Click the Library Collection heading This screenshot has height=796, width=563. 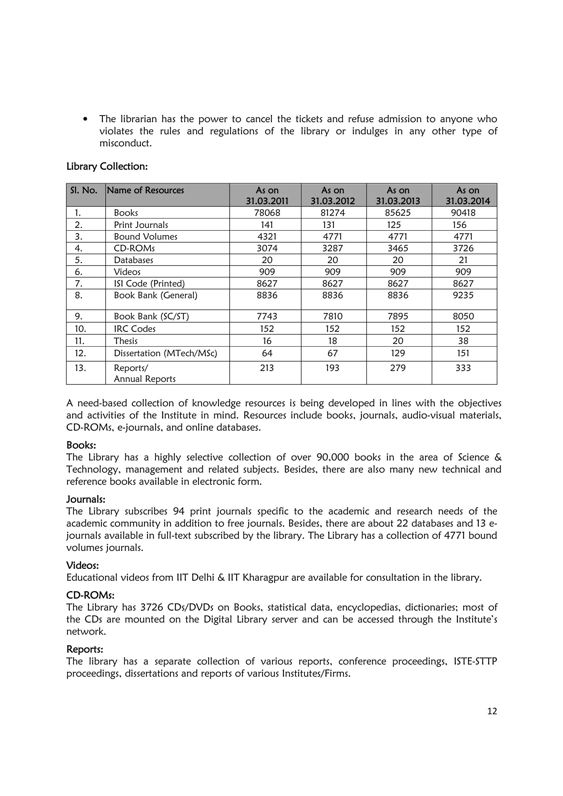pos(107,167)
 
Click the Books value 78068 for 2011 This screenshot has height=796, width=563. pos(267,213)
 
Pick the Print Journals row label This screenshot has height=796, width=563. pos(141,225)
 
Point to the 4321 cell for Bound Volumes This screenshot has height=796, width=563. pos(267,237)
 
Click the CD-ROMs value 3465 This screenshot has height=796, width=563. pos(398,249)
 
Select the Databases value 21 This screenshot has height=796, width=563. pos(463,260)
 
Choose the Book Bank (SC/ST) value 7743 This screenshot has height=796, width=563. pos(267,316)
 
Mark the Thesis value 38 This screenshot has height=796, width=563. pos(463,341)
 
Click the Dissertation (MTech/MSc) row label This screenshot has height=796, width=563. pos(165,354)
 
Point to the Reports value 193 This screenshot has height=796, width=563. pos(332,368)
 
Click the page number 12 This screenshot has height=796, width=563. pos(492,711)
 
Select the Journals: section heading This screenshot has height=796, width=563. pos(86,500)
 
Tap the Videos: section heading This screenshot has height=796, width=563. pos(82,566)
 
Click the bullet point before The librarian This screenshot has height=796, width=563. pos(85,119)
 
